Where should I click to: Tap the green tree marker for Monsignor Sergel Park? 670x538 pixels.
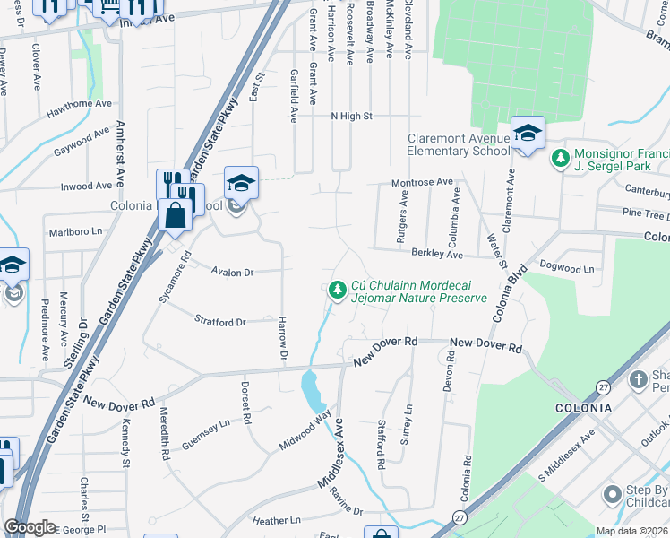coord(561,159)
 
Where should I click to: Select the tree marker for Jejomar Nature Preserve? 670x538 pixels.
coord(337,290)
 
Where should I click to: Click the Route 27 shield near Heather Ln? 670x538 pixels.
coord(460,517)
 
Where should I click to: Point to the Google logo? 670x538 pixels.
coord(30,527)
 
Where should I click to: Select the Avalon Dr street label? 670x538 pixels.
coord(233,272)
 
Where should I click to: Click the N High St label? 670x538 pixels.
coord(351,116)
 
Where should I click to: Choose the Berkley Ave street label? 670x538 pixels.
coord(436,256)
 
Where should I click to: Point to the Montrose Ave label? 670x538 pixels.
coord(423,182)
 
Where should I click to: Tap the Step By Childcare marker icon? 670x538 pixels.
coord(613,494)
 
